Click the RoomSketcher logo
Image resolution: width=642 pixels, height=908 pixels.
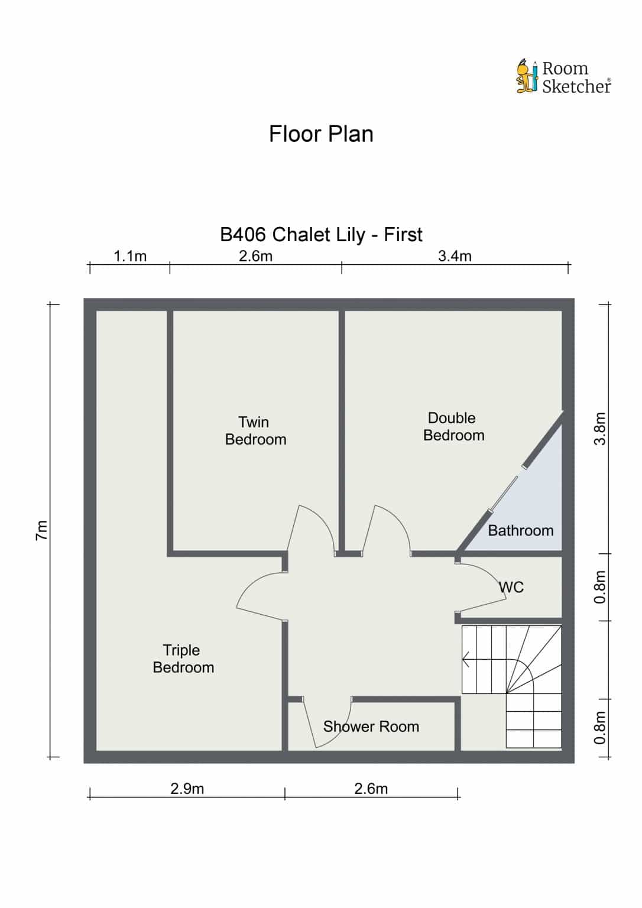pyautogui.click(x=564, y=77)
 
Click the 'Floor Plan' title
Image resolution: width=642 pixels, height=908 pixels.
pyautogui.click(x=321, y=134)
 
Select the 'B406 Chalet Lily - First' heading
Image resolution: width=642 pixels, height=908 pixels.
pyautogui.click(x=321, y=235)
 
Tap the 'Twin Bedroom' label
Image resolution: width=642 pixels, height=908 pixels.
pyautogui.click(x=255, y=431)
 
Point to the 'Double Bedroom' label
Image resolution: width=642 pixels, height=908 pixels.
pyautogui.click(x=453, y=426)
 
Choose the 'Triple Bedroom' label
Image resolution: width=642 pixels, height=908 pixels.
pyautogui.click(x=183, y=659)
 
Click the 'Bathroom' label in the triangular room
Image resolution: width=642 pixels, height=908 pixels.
pyautogui.click(x=520, y=531)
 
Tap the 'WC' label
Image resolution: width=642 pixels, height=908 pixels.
pyautogui.click(x=511, y=587)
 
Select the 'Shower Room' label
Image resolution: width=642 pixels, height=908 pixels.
pyautogui.click(x=371, y=727)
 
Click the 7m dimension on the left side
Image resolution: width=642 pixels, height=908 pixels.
pyautogui.click(x=42, y=530)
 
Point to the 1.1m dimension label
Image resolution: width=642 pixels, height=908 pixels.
pyautogui.click(x=129, y=257)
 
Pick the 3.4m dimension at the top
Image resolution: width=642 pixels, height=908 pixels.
pyautogui.click(x=455, y=257)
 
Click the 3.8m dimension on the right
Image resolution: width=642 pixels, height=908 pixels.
pyautogui.click(x=600, y=429)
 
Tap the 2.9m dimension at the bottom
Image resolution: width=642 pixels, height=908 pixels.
pyautogui.click(x=187, y=789)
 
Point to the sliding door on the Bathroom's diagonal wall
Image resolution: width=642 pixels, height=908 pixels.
pyautogui.click(x=504, y=495)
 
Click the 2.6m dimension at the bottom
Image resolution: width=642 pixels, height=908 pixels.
pyautogui.click(x=371, y=789)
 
